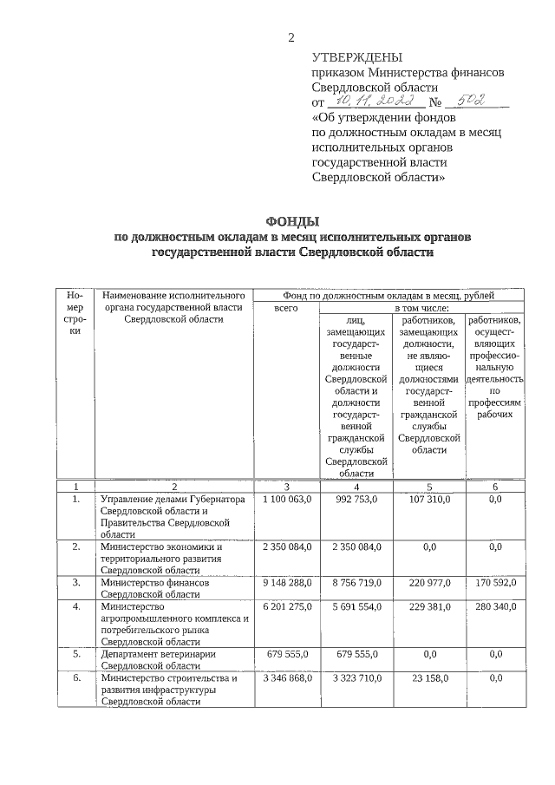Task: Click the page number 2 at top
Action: [291, 36]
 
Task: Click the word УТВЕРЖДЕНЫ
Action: [355, 58]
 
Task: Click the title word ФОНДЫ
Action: [291, 222]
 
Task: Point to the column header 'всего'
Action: [285, 308]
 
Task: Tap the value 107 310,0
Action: [429, 500]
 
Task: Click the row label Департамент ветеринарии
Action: [157, 654]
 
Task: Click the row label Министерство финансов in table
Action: [154, 583]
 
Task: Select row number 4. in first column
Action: [76, 606]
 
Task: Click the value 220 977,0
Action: [429, 583]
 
